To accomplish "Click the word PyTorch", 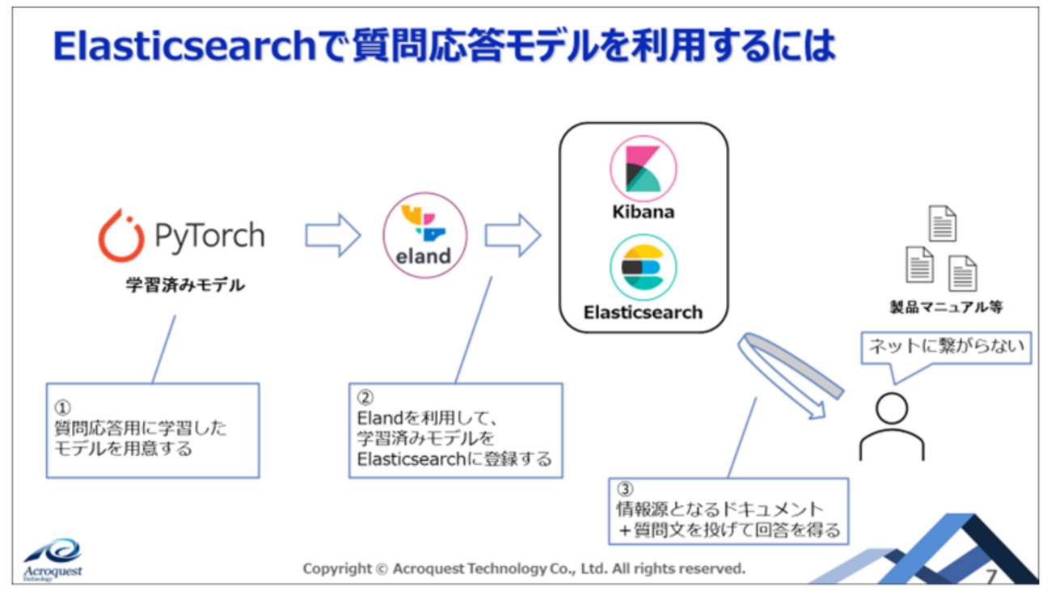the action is pos(209,236).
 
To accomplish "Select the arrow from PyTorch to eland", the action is pos(333,235).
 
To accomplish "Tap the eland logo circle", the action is pos(424,235).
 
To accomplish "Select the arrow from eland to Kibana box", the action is pos(513,235).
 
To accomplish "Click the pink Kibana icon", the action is pos(644,169).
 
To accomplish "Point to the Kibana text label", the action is pos(644,212).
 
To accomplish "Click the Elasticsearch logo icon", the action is pos(644,268).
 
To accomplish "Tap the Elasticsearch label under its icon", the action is pos(643,312).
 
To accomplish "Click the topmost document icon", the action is pos(943,223).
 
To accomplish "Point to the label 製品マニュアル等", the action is pos(947,307).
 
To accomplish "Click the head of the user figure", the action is pos(892,408).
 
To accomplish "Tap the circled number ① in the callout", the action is pos(63,407).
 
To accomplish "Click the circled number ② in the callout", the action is pos(365,397).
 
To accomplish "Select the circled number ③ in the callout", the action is pos(625,489).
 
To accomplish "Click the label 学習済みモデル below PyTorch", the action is pos(185,285).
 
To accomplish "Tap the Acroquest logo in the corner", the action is pos(53,559).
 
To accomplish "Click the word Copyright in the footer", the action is pos(337,569).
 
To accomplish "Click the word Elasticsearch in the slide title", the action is pos(185,46).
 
